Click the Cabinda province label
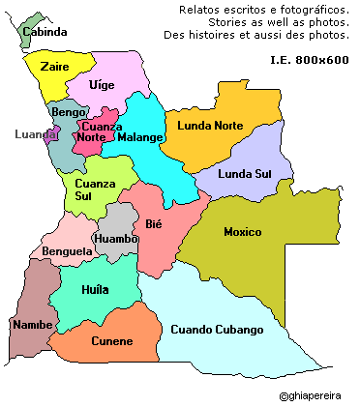pos(45,32)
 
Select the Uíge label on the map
pos(101,85)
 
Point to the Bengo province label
pos(69,112)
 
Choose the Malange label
pos(139,137)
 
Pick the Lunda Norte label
pos(209,126)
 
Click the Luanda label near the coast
pos(35,134)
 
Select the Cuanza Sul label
pos(95,190)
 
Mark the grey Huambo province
pos(117,237)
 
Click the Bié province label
pos(153,224)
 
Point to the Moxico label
pos(242,232)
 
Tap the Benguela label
pos(67,251)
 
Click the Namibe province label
pos(31,324)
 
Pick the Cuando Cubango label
pos(217,330)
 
